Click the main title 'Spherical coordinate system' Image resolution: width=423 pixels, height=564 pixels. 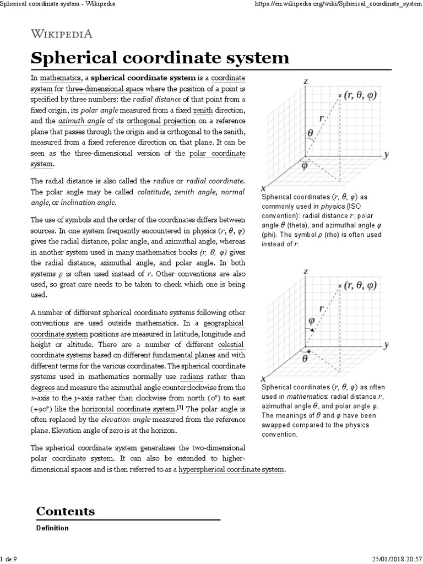[x=160, y=57]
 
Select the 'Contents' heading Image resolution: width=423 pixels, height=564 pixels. [x=65, y=511]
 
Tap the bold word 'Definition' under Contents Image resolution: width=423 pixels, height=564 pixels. [x=52, y=528]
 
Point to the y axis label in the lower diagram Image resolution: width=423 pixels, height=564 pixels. [x=387, y=345]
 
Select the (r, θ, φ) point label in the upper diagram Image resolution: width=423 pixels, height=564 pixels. [x=361, y=95]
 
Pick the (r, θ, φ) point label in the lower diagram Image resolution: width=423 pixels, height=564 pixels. [x=361, y=285]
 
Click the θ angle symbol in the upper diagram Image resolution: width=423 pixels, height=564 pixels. [x=310, y=132]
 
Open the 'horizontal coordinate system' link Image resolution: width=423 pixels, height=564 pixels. [x=127, y=409]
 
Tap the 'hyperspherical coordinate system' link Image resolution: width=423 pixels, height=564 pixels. [x=232, y=469]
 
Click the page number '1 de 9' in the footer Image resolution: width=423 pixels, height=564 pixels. [x=9, y=560]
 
